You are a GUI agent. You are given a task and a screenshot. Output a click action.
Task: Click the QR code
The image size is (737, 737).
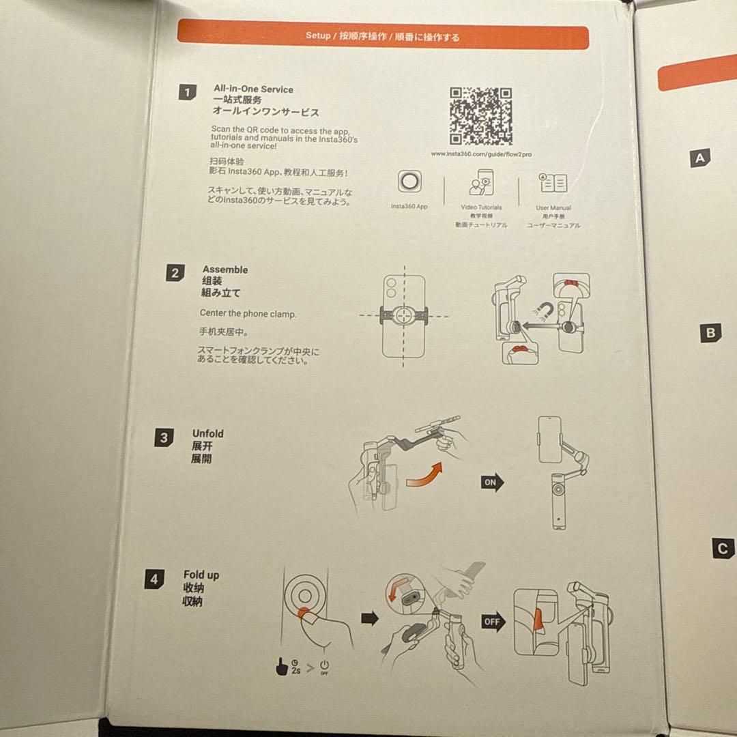click(x=481, y=116)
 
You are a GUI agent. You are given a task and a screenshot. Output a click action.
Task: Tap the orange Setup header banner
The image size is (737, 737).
click(x=382, y=36)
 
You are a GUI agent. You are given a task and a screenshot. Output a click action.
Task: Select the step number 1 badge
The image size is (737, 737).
click(x=187, y=92)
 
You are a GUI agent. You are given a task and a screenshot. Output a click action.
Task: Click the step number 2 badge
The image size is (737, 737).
click(x=175, y=273)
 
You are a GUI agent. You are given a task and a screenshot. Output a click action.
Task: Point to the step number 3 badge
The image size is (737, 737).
click(x=163, y=437)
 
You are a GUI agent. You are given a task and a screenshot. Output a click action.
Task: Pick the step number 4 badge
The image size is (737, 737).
click(x=154, y=580)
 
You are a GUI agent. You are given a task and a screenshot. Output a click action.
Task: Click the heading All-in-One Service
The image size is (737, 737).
click(x=253, y=89)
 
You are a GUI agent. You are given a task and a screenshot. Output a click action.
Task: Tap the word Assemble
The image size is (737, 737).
click(x=225, y=270)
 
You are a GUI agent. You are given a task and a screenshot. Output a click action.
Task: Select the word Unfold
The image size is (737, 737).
click(x=207, y=433)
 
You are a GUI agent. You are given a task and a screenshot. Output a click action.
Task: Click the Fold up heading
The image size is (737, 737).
click(x=201, y=575)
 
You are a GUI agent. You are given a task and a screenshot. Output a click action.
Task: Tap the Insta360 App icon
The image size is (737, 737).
click(x=409, y=182)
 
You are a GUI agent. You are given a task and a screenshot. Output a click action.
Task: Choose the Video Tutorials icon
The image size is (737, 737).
click(x=481, y=184)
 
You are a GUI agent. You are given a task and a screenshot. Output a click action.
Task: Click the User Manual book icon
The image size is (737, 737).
click(x=553, y=183)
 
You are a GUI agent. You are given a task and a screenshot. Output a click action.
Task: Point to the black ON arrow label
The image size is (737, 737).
click(x=492, y=482)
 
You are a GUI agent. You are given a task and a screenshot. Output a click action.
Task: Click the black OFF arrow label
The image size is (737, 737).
click(x=493, y=622)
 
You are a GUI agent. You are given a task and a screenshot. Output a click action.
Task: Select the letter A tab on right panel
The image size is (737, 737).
click(x=700, y=158)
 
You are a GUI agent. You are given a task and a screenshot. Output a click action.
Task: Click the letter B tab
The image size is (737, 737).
click(x=710, y=333)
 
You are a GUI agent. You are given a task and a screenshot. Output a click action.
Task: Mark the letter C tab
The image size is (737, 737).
click(x=723, y=549)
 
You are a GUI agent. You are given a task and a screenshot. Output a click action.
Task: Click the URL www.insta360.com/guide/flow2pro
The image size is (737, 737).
click(x=482, y=154)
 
